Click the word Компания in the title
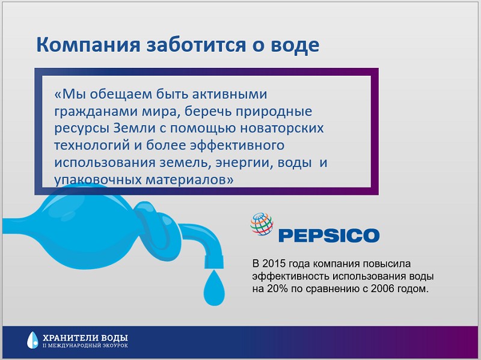[88, 44]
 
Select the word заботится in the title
[196, 44]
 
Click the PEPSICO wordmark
[329, 236]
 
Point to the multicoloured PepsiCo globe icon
[262, 224]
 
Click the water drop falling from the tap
[215, 287]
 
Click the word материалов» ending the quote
[189, 180]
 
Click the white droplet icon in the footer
[32, 340]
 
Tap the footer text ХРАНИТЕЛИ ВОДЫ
[85, 338]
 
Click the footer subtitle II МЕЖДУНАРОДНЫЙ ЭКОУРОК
[85, 346]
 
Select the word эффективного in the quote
[237, 145]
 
